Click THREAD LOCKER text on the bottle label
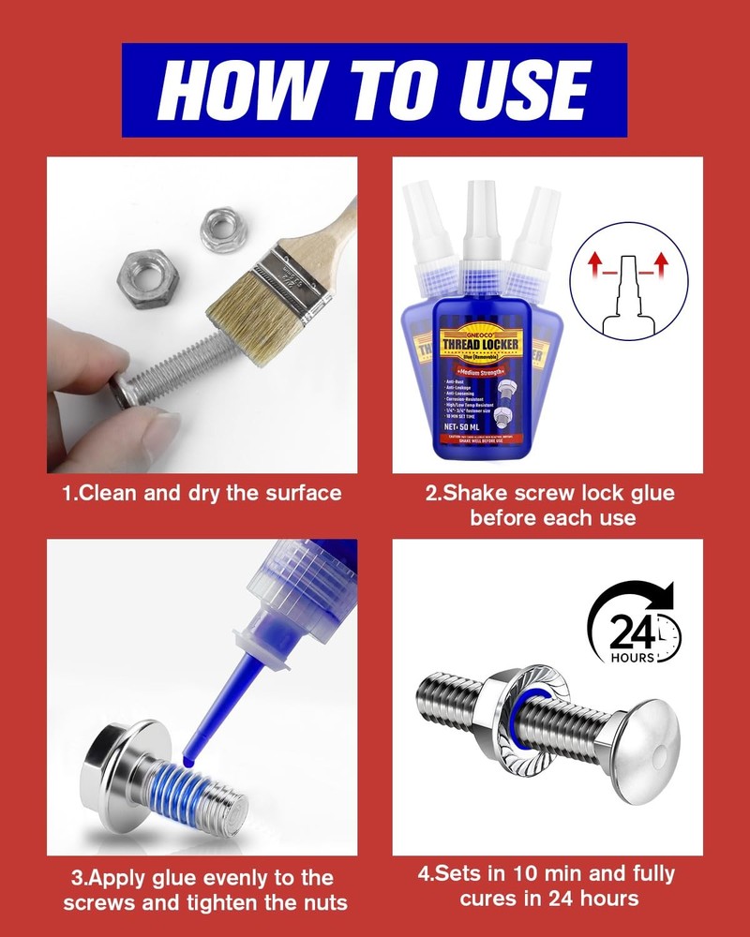pyautogui.click(x=477, y=333)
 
